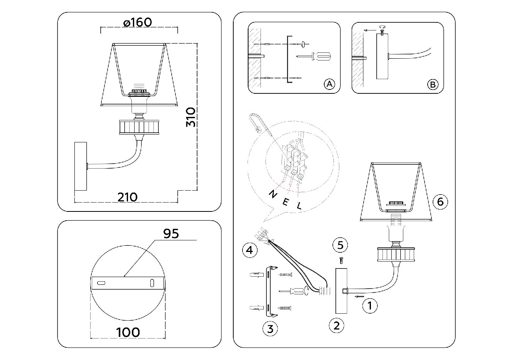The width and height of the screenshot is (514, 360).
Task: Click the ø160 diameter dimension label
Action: [x=138, y=22]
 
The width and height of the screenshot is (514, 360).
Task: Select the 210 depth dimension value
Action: [x=127, y=197]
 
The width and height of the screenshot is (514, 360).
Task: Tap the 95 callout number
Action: [x=171, y=234]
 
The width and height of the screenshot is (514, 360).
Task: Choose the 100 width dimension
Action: [x=128, y=332]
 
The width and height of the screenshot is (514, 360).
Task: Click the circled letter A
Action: [x=329, y=84]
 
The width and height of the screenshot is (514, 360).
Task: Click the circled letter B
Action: [x=433, y=84]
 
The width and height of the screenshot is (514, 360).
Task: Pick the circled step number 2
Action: [x=336, y=325]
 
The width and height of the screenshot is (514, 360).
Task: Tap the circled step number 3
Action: [x=270, y=329]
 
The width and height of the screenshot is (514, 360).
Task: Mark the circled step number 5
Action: [x=340, y=245]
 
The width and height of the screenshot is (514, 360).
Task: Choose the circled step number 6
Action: [x=440, y=201]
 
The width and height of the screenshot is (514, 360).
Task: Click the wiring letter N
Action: [x=272, y=194]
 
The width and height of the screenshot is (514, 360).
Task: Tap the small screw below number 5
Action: [x=340, y=260]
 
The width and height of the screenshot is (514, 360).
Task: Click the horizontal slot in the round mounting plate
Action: [x=101, y=283]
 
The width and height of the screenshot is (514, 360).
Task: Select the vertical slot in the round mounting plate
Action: [x=152, y=282]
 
